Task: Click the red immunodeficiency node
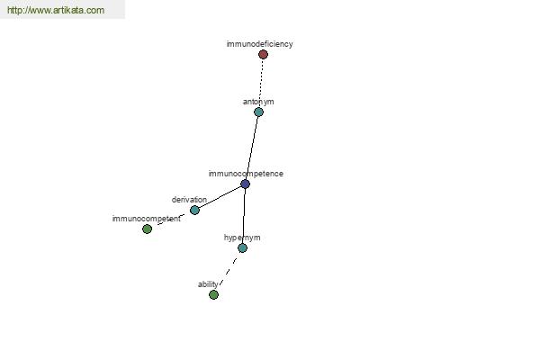click(263, 54)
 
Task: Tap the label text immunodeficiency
click(260, 44)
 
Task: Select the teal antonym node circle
click(258, 112)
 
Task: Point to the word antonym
click(258, 102)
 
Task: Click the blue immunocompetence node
click(245, 184)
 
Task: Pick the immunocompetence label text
click(246, 174)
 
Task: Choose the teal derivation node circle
click(194, 210)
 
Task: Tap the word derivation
click(189, 200)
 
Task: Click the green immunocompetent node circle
click(147, 229)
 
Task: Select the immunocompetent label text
click(147, 219)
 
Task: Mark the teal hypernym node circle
click(242, 247)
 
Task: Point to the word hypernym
click(242, 238)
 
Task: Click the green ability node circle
click(213, 294)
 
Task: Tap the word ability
click(208, 284)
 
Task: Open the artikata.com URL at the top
click(56, 10)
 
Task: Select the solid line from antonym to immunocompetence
click(252, 148)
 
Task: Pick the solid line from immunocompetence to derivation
click(220, 197)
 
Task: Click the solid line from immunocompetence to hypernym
click(244, 216)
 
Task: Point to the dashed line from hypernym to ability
click(228, 272)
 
